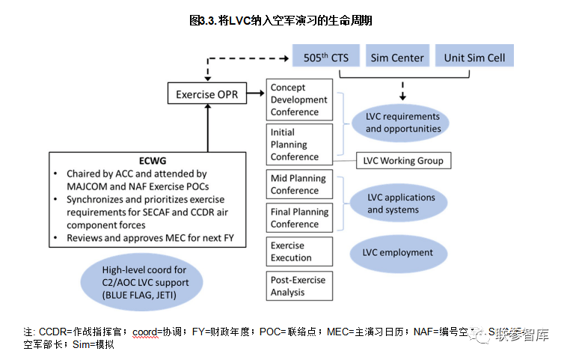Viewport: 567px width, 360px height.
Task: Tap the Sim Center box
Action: tap(396, 58)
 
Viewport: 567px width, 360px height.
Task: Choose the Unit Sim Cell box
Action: tap(474, 58)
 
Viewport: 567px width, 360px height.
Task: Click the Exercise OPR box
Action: tap(206, 94)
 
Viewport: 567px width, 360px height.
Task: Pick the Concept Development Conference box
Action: tap(299, 100)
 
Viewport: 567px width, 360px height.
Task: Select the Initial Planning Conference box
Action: tap(299, 145)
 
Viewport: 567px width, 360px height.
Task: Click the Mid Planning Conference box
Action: tap(299, 184)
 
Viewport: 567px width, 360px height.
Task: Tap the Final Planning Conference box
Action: tap(299, 218)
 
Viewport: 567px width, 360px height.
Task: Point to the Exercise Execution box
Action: tap(299, 251)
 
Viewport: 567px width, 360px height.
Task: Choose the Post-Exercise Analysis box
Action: tap(299, 286)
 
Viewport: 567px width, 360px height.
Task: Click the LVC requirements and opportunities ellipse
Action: tap(402, 123)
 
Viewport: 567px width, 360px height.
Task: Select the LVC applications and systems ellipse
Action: tap(402, 204)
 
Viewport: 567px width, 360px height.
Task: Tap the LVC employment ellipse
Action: tap(397, 252)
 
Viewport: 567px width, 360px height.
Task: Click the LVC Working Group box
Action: tap(402, 160)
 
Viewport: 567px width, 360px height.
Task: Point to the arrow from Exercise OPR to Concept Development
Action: tap(257, 94)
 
